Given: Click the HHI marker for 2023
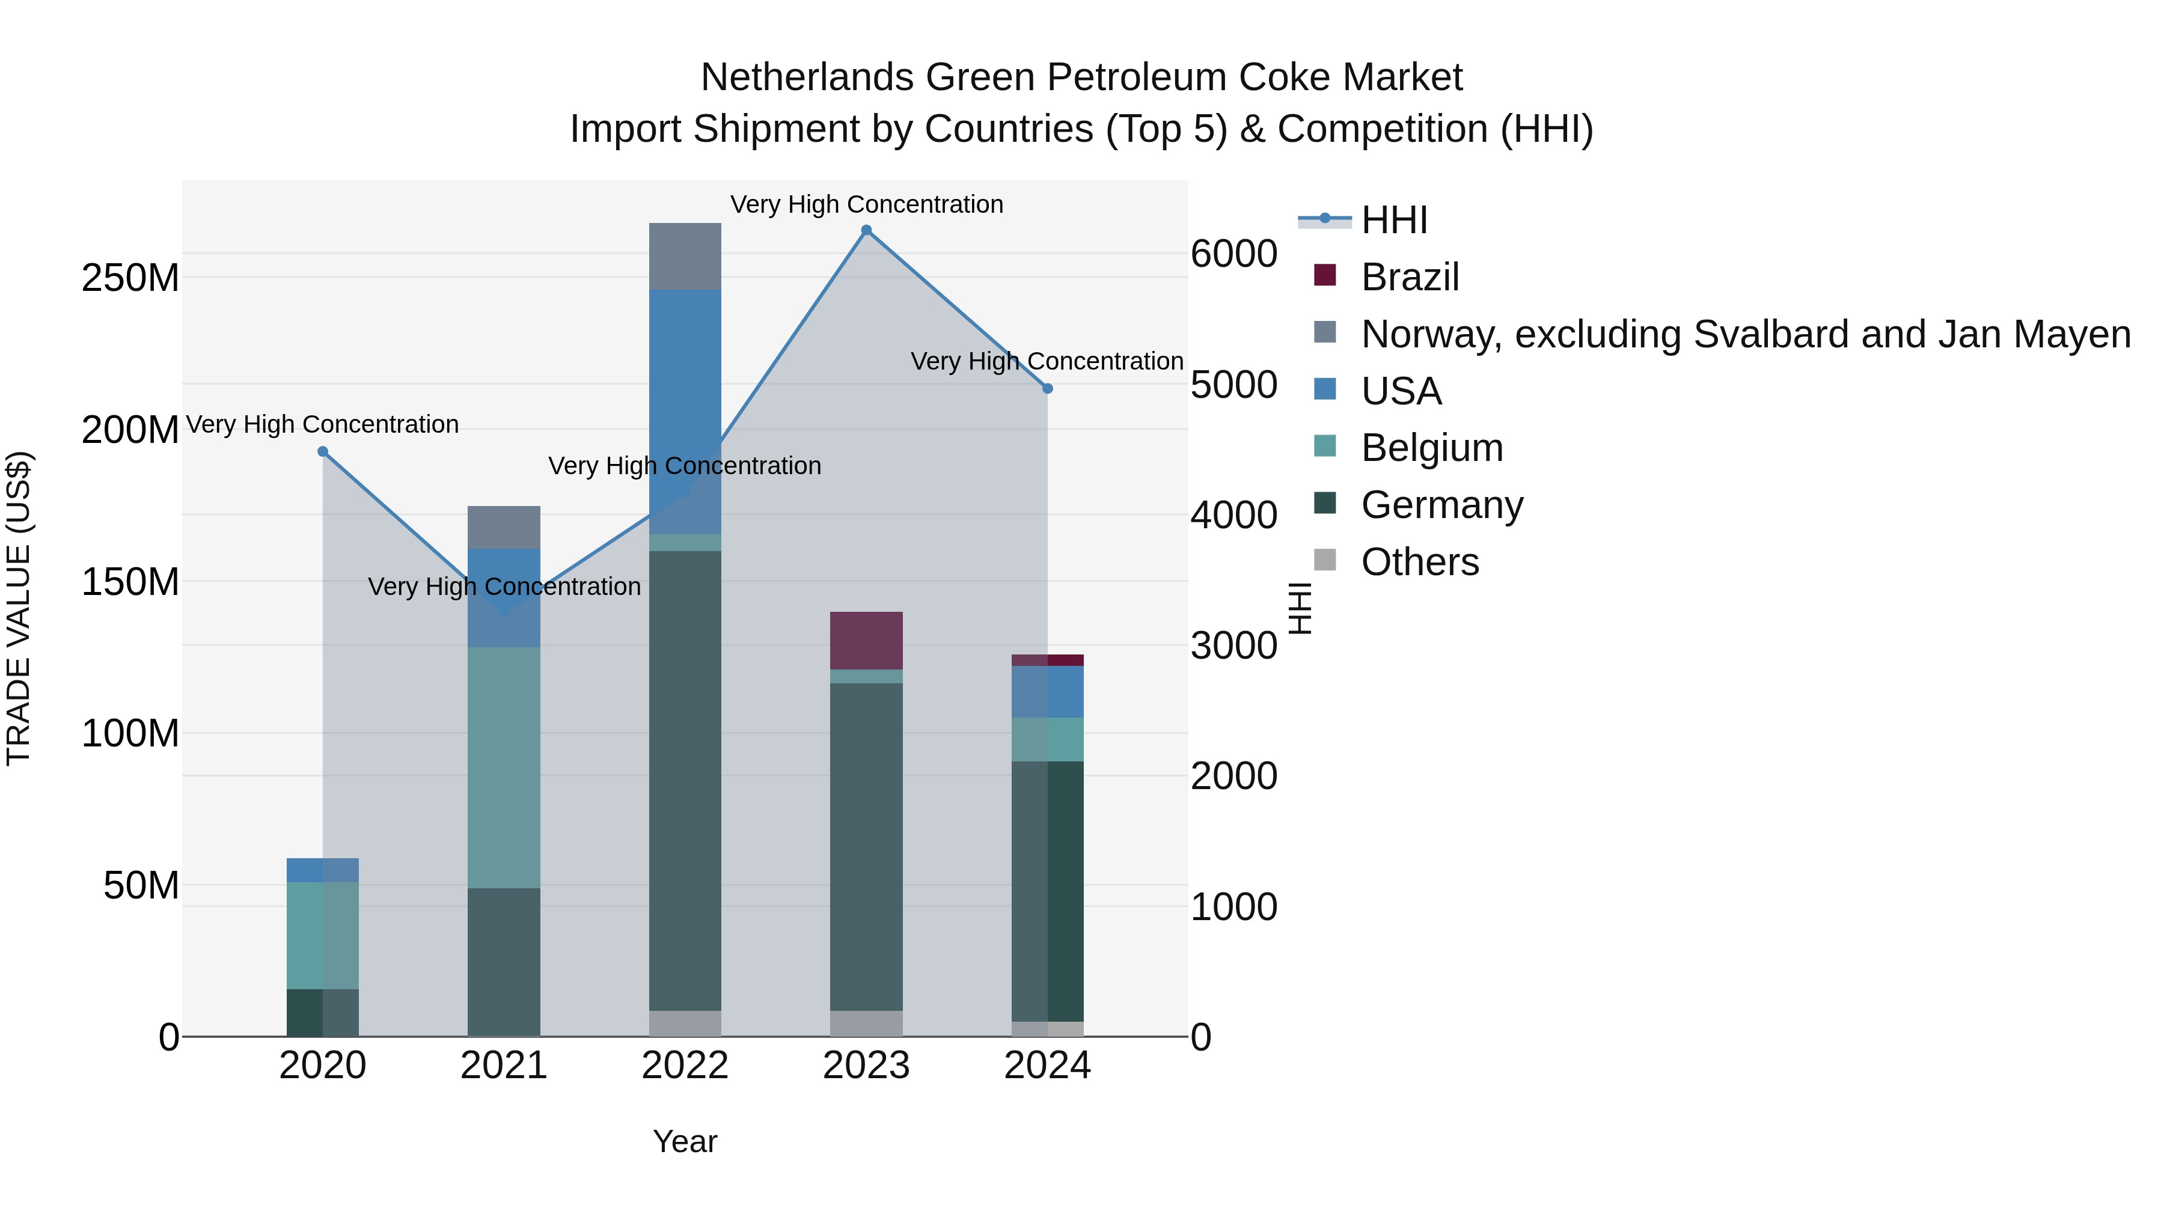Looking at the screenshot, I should (866, 230).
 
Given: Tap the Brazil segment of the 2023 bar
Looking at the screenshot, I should (866, 641).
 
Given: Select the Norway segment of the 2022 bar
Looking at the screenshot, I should (685, 256).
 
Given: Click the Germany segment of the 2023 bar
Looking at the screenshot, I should (866, 847).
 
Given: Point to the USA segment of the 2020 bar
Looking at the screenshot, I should (323, 870).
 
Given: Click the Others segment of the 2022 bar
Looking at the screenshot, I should (685, 1023).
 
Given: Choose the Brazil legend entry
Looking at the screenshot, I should (1410, 277).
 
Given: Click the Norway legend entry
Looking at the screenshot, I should (1745, 334).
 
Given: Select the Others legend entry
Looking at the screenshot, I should (1420, 562).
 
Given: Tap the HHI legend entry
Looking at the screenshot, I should (1395, 220).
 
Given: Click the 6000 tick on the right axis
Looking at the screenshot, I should (1234, 254).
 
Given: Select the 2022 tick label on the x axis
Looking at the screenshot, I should (685, 1066).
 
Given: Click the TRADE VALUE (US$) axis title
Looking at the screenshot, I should (19, 608).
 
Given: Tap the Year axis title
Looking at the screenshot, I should (685, 1141).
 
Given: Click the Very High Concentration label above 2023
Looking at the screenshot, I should (866, 205).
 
